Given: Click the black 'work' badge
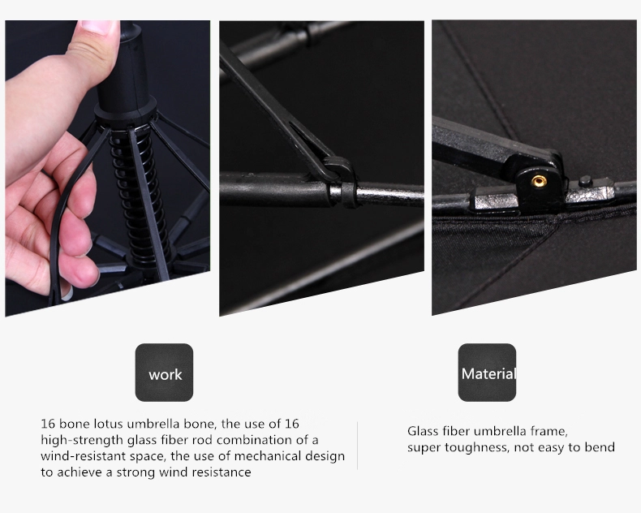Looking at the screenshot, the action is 164,373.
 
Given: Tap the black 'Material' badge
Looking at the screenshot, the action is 487,373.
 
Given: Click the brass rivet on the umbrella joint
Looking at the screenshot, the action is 539,181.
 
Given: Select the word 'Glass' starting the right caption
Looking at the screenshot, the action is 419,431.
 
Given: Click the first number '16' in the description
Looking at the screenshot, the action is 48,424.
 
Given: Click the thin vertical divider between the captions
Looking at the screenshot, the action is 357,446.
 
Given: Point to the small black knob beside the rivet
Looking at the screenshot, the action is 585,180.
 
